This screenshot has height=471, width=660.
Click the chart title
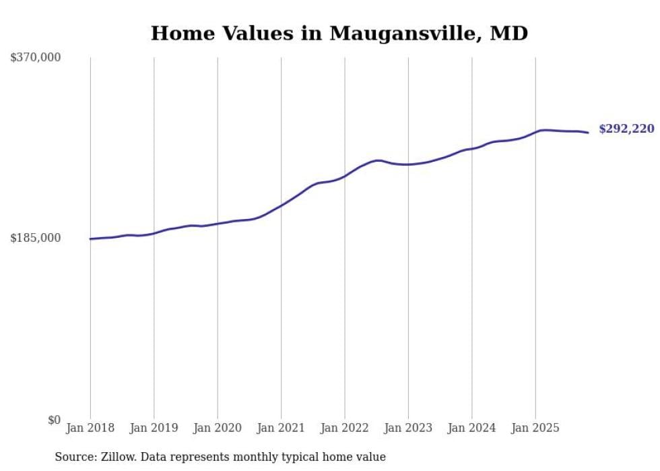tap(339, 33)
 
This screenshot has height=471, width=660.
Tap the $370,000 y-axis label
tap(36, 58)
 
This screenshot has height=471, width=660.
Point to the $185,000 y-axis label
tap(36, 238)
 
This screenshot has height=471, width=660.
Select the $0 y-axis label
tap(54, 420)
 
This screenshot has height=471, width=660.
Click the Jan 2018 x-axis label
tap(90, 428)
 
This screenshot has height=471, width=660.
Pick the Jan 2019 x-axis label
tap(154, 428)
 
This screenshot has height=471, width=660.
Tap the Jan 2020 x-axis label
tap(218, 428)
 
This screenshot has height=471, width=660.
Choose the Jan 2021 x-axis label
tap(281, 428)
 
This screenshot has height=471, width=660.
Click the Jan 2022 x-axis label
tap(344, 428)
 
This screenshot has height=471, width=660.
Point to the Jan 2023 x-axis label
tap(408, 428)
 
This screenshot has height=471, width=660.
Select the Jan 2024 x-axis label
tap(471, 428)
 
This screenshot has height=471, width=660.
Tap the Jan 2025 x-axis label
tap(535, 428)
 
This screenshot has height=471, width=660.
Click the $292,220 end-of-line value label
tap(626, 129)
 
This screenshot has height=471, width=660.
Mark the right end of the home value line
tap(588, 133)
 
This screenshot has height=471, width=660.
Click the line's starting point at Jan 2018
tap(90, 239)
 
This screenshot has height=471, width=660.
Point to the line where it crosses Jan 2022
tap(345, 176)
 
